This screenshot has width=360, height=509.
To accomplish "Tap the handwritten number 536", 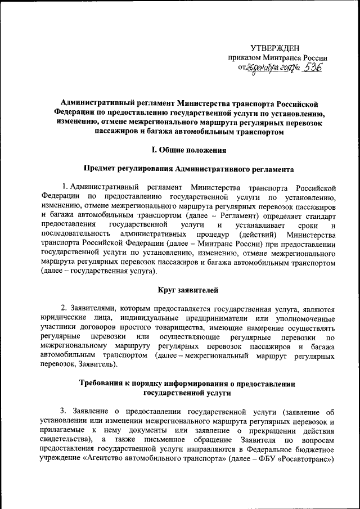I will (311, 67).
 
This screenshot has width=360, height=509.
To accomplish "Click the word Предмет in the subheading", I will (102, 168).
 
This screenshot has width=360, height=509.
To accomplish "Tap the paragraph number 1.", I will (65, 187).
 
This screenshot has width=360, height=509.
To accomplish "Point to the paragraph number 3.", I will (64, 411).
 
